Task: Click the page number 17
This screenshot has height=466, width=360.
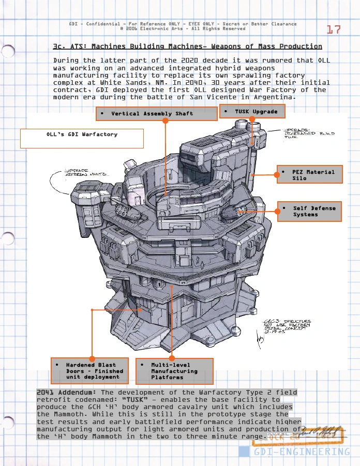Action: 334,29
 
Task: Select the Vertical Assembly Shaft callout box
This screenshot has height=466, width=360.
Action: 156,114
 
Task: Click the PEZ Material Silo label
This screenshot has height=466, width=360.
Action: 310,175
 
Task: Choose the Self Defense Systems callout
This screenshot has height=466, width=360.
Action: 310,211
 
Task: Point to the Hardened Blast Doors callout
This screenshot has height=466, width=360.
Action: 91,371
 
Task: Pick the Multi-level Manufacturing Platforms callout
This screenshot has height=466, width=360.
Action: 174,371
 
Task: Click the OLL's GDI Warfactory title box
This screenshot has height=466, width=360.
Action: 82,138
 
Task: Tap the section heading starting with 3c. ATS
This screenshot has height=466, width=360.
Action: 187,47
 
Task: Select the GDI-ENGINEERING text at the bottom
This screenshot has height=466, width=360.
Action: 302,452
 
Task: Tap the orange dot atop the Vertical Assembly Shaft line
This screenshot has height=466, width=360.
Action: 166,121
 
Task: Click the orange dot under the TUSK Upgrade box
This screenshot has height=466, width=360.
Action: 252,118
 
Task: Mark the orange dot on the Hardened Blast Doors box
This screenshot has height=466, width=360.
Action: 92,358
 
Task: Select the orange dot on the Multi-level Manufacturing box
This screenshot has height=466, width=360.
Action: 172,358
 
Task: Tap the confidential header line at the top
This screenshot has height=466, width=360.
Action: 183,24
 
